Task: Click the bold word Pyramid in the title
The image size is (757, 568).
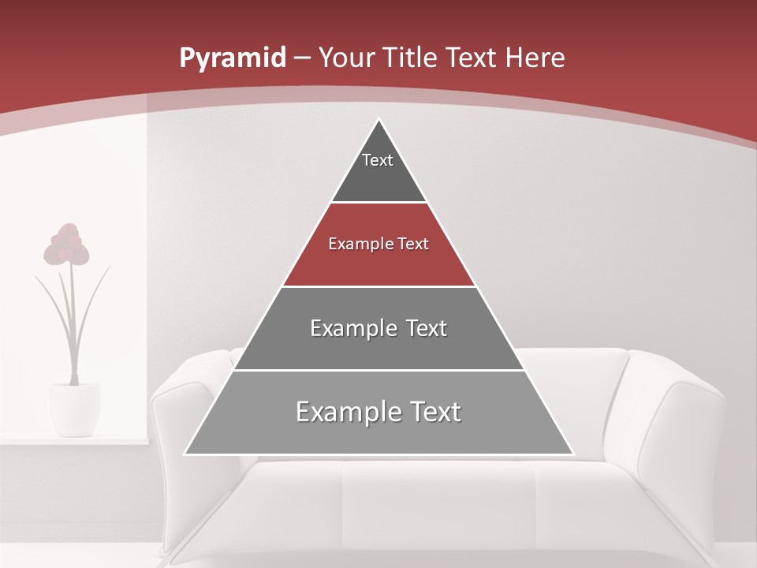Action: [x=233, y=58]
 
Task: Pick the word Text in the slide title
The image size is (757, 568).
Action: [x=474, y=58]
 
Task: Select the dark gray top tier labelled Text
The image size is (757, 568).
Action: [x=378, y=170]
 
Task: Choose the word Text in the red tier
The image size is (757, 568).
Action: [x=413, y=245]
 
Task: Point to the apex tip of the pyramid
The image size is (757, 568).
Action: [x=378, y=120]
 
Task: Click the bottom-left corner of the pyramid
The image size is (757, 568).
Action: [x=186, y=454]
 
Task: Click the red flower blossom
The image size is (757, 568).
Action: [x=66, y=245]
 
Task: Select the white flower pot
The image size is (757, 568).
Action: [x=75, y=409]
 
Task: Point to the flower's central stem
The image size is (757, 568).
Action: [x=73, y=323]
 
